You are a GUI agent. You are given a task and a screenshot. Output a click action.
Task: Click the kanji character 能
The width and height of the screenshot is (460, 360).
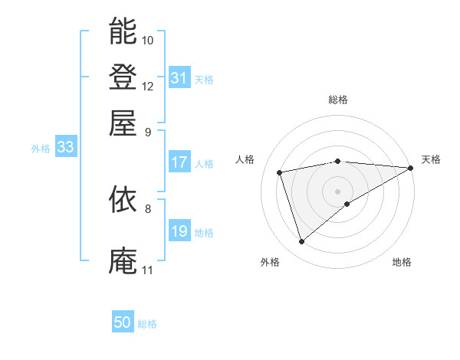[x=123, y=31]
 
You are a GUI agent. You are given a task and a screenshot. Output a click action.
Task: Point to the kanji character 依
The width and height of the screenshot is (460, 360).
[x=123, y=200]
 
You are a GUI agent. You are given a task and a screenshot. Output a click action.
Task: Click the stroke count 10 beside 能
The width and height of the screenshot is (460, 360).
[x=148, y=40]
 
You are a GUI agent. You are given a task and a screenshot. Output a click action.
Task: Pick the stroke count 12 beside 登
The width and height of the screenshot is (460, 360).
[x=148, y=86]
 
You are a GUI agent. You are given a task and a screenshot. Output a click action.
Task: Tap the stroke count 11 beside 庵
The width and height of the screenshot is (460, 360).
[x=147, y=270]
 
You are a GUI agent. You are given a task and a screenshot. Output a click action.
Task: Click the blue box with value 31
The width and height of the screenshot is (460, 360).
[x=179, y=78]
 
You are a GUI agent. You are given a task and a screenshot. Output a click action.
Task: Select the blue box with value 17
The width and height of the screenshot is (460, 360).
[x=179, y=162]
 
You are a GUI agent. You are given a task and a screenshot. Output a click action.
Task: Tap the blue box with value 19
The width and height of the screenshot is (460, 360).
[x=179, y=231]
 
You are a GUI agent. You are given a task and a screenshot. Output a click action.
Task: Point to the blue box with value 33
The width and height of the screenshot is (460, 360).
[x=65, y=148]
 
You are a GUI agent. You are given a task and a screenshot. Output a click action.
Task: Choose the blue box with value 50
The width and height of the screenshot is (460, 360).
[x=123, y=323]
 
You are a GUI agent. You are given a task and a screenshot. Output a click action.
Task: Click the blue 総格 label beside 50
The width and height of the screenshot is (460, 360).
[x=148, y=325]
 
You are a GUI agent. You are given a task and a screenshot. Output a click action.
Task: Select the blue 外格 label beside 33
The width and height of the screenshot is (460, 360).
[x=41, y=149]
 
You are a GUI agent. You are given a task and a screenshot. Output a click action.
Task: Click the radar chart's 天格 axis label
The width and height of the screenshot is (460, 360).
[x=431, y=159]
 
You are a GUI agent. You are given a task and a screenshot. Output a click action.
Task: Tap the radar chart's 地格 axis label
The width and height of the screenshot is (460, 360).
[x=402, y=262]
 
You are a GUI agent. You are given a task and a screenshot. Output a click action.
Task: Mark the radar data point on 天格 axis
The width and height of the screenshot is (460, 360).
[x=411, y=168]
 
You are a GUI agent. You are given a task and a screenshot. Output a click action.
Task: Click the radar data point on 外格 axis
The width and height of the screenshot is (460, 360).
[x=301, y=242]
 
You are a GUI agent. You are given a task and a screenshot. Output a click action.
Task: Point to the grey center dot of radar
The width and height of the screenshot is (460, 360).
[x=337, y=191]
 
